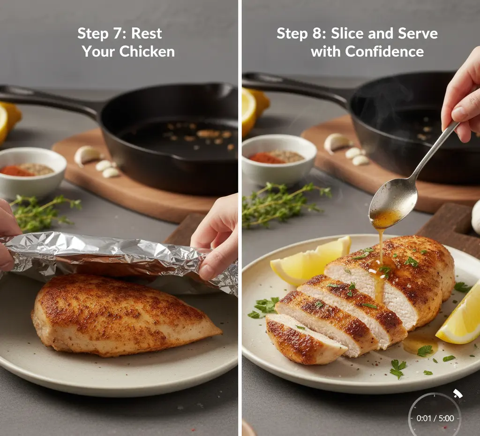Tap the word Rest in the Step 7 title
point(146,33)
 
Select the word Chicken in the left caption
point(147,51)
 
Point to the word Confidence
point(384,51)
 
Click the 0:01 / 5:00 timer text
point(435,418)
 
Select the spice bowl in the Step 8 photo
point(279,160)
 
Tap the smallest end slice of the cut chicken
point(303,340)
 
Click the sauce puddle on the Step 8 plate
point(420,345)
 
